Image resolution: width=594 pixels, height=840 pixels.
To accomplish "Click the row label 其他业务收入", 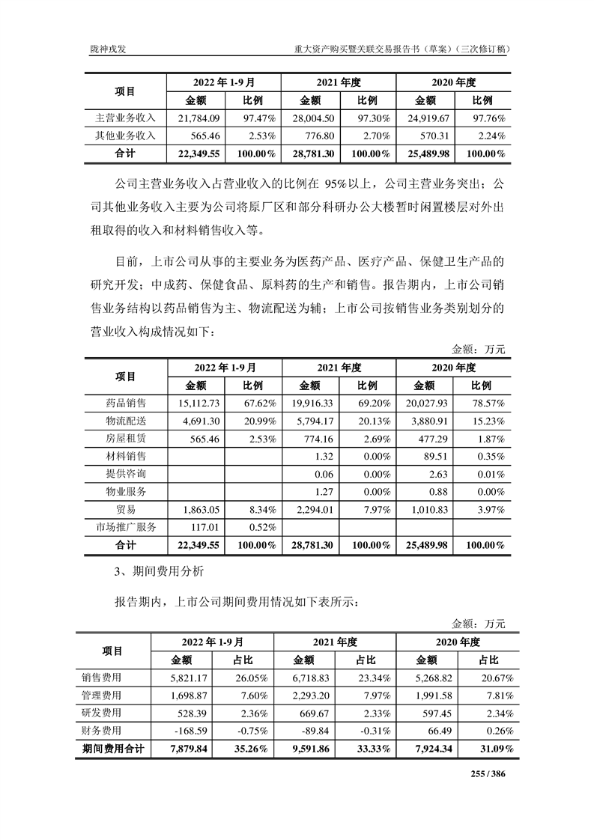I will (125, 136).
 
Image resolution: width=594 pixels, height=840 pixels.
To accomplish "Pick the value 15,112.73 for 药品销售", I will (198, 403).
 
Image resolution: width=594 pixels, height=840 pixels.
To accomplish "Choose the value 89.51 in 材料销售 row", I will (434, 456).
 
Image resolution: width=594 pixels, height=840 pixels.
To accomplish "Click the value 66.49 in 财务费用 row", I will (437, 730).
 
